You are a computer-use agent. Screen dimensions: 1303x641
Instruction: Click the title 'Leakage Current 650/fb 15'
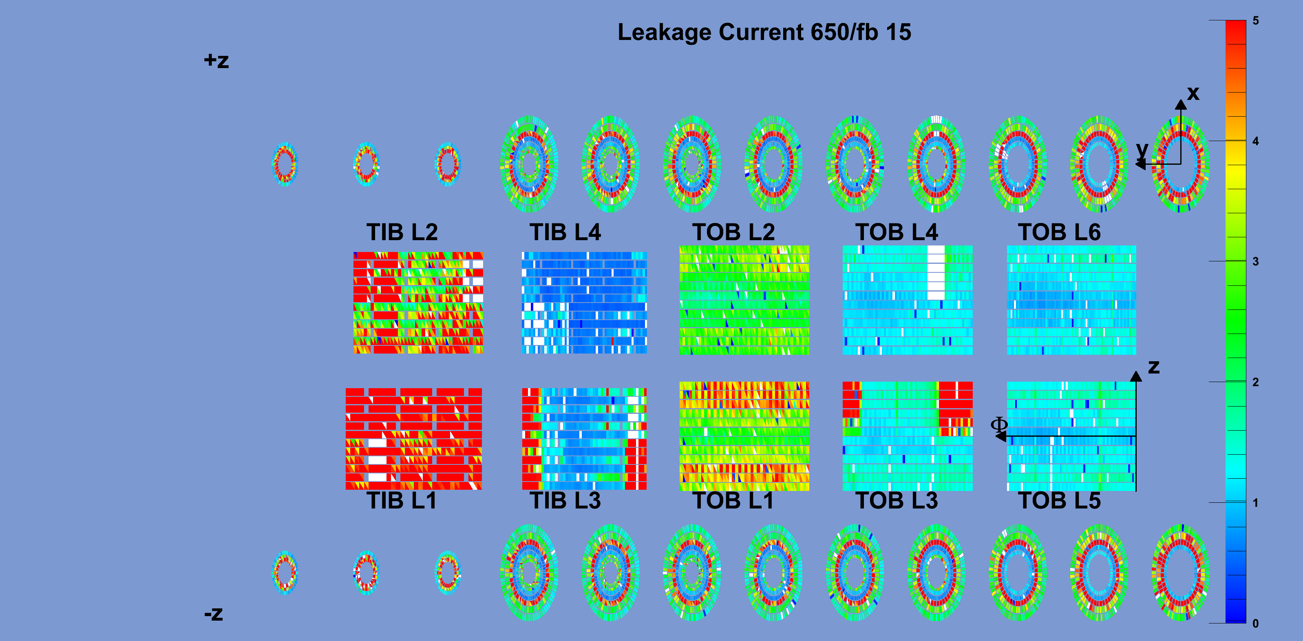click(764, 32)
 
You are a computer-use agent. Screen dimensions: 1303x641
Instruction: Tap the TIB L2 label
click(402, 232)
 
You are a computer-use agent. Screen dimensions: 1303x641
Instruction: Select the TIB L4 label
click(565, 232)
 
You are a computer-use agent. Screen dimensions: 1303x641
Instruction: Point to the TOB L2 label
click(733, 232)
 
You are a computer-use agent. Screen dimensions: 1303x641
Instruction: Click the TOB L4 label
click(897, 232)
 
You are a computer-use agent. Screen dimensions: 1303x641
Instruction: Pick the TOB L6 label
click(1059, 232)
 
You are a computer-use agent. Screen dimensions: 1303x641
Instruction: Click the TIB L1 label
click(402, 500)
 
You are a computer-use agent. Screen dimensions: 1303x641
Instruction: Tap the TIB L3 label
click(565, 500)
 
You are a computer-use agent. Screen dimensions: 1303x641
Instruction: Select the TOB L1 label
click(733, 500)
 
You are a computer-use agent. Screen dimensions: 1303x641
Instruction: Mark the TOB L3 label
click(897, 500)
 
